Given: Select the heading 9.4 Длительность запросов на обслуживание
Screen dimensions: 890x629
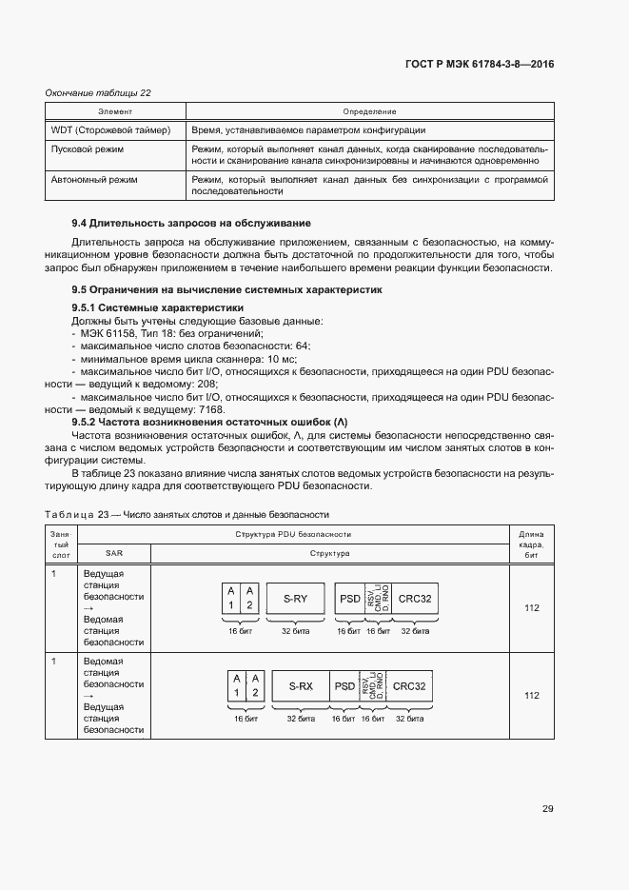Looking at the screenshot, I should (191, 223).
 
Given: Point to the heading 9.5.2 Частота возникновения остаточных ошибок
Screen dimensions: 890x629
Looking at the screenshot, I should (210, 421).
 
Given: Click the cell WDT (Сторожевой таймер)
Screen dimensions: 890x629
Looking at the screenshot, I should (109, 130).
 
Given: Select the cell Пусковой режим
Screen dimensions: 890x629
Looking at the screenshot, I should (87, 149).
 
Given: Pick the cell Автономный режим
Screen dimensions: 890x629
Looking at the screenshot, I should (93, 179).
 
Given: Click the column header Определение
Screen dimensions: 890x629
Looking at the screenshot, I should (369, 112).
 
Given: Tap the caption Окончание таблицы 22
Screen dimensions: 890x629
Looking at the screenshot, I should (99, 92).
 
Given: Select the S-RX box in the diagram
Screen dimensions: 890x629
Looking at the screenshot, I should (300, 686).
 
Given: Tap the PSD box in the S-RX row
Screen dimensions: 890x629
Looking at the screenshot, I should (344, 686).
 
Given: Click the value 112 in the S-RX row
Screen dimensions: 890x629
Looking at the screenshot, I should (531, 696).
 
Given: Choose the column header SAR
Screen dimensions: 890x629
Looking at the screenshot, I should (114, 553).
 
